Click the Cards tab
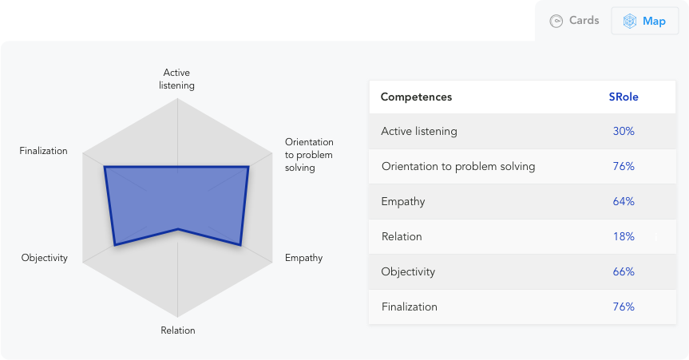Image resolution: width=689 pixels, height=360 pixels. (574, 21)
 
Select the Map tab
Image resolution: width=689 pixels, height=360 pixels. (644, 21)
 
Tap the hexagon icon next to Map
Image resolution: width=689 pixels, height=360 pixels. (630, 21)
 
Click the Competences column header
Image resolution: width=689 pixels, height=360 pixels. (416, 97)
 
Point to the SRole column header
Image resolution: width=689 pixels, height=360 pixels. (624, 97)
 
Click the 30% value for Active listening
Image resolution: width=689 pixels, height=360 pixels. (624, 131)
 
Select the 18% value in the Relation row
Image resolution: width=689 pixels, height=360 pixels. (624, 236)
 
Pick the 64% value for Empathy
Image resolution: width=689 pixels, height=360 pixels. (624, 201)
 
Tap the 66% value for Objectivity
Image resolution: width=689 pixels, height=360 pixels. (624, 271)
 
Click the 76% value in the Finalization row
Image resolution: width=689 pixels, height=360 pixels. (624, 307)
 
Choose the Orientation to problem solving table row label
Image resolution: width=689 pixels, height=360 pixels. (458, 167)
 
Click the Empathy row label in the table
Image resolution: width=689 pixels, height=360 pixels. (403, 202)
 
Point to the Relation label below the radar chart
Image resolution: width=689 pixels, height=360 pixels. (178, 330)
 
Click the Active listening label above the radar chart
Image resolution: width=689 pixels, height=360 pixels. (176, 79)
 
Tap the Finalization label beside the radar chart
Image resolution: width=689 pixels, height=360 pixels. (43, 151)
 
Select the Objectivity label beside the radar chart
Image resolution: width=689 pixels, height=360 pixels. (45, 258)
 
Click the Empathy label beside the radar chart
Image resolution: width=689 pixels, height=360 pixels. (303, 258)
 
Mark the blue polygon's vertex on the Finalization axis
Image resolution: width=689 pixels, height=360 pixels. (105, 167)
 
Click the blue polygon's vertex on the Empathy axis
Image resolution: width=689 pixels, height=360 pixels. (240, 245)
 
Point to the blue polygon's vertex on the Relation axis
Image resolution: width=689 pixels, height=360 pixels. (178, 229)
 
